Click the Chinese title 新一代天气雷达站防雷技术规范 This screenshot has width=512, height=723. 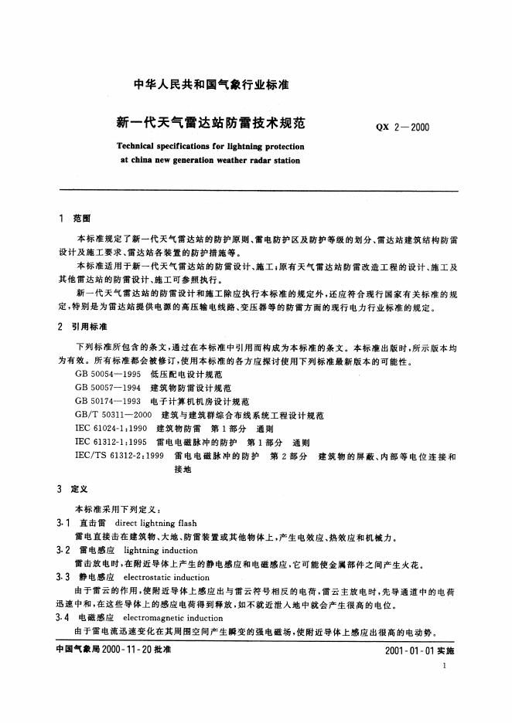point(210,122)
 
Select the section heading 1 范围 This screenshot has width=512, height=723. point(75,219)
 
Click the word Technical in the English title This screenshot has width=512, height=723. point(136,145)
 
